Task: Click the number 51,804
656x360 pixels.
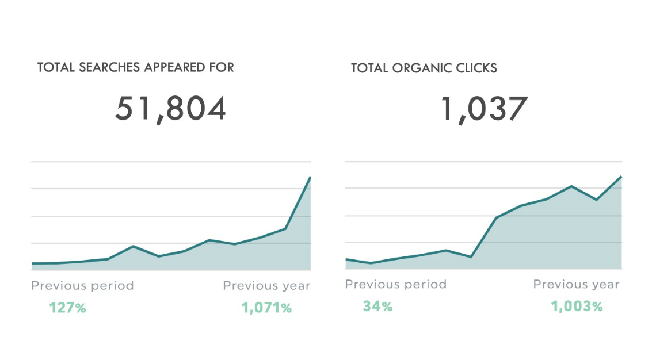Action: pos(170,109)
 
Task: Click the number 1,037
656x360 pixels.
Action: pos(484,109)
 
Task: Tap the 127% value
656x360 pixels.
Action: pos(67,308)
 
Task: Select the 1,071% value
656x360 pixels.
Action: pos(266,308)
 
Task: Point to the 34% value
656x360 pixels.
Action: pos(377,306)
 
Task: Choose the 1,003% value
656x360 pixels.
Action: pos(577,306)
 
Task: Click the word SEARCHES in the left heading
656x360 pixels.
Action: pos(109,67)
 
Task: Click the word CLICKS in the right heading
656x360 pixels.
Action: pos(475,68)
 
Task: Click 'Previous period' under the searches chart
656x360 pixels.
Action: pos(82,285)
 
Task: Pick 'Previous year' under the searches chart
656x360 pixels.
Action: pos(266,285)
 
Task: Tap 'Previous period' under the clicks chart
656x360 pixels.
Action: pos(396,284)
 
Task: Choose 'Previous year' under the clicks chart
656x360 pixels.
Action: pos(576,284)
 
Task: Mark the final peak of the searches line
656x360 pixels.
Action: pos(310,177)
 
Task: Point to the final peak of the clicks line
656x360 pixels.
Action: pos(621,177)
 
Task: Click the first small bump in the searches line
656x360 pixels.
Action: pos(134,246)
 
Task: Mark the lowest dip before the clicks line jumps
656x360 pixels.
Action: pos(471,256)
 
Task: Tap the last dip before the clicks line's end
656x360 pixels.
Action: pos(596,200)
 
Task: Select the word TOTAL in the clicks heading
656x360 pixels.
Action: pos(369,68)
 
